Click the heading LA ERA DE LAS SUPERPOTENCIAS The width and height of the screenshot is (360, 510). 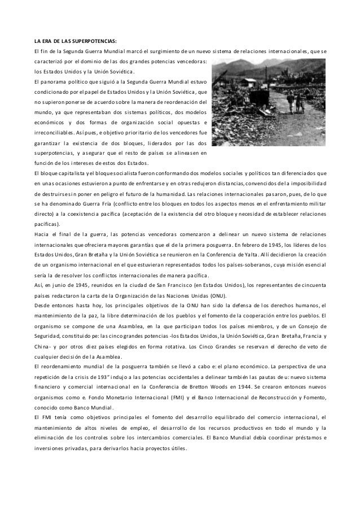pyautogui.click(x=75, y=41)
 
